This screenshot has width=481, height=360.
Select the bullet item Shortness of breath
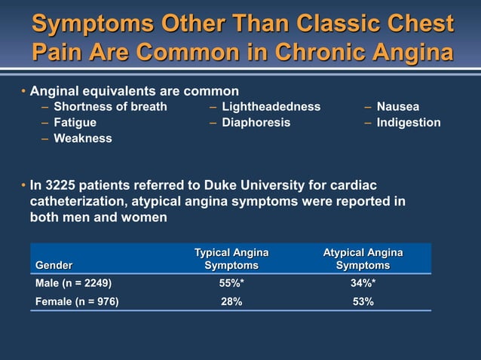[x=110, y=106]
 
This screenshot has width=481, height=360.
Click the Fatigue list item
[x=75, y=122]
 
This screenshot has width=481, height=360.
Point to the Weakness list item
[x=82, y=138]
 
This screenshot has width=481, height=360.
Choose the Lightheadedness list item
[x=271, y=106]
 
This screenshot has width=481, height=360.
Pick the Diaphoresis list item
[x=256, y=122]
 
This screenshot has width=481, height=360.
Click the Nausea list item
[x=398, y=106]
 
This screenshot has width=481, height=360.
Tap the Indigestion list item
[x=409, y=122]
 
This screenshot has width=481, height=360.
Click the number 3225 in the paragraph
[x=61, y=185]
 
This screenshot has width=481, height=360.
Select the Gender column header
[x=54, y=265]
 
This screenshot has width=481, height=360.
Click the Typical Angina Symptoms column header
[x=231, y=258]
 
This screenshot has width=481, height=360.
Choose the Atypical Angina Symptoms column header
[x=363, y=258]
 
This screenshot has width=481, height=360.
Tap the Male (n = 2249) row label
[x=74, y=284]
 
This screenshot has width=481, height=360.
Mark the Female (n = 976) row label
[x=77, y=301]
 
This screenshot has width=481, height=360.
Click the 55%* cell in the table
[x=231, y=284]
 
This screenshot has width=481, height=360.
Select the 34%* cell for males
[x=363, y=284]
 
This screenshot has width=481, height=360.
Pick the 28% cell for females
[x=231, y=301]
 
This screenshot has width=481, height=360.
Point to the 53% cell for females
[x=363, y=301]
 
